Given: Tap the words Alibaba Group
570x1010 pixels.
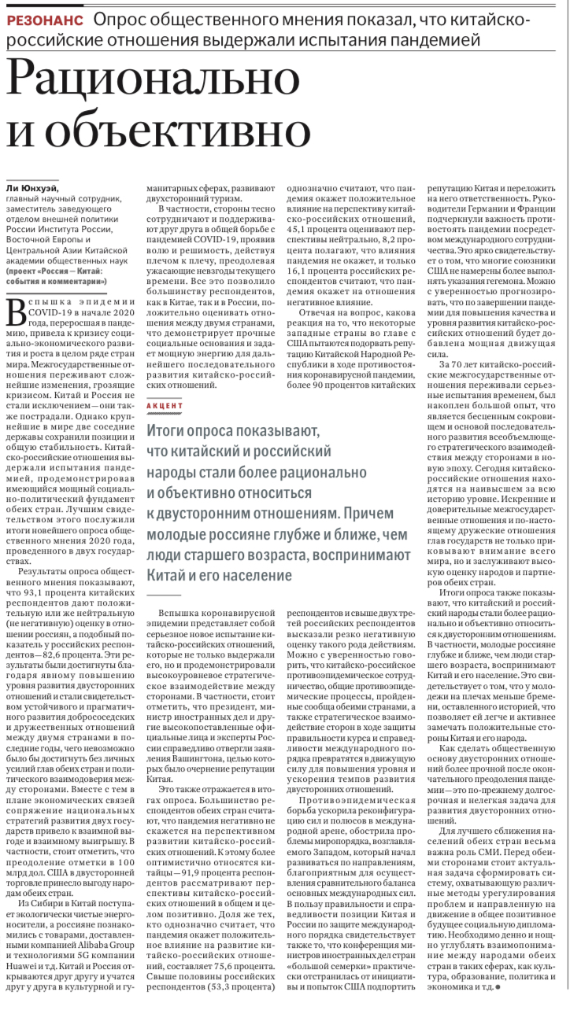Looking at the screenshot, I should pyautogui.click(x=102, y=962).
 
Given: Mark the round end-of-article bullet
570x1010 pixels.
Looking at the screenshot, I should pyautogui.click(x=497, y=986).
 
